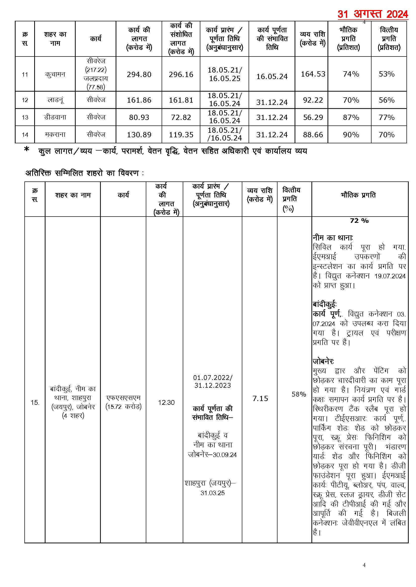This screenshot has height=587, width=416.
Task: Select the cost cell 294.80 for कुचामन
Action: click(139, 75)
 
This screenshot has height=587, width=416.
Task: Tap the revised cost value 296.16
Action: click(181, 75)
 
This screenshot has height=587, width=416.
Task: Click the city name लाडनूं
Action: click(55, 100)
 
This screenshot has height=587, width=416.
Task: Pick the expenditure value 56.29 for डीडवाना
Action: click(313, 117)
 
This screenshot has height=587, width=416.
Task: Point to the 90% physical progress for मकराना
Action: click(351, 135)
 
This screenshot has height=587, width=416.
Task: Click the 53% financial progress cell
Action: click(387, 74)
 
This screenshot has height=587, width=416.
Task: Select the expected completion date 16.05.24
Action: click(272, 77)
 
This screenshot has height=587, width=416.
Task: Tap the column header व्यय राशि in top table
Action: click(312, 38)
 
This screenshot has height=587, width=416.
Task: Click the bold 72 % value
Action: click(359, 221)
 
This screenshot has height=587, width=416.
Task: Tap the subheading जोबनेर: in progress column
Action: click(323, 361)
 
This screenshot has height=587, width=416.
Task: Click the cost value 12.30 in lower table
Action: click(166, 402)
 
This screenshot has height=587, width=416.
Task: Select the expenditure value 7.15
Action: click(260, 398)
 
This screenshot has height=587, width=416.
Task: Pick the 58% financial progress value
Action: click(299, 394)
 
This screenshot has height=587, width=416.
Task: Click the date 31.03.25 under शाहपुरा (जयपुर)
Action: click(212, 493)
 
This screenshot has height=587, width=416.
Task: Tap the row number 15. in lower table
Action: click(35, 402)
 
